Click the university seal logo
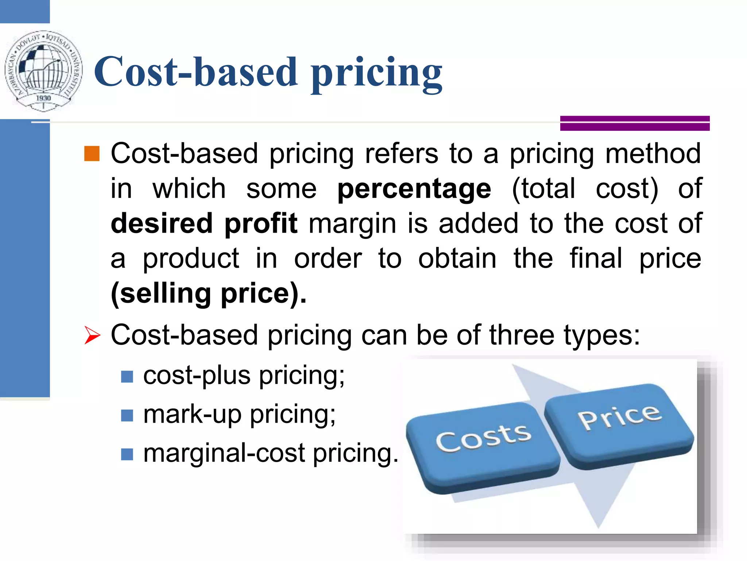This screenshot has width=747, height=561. (43, 70)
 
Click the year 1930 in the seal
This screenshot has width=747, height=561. (43, 98)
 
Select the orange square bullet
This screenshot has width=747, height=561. (92, 153)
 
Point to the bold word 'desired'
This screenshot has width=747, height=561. (162, 223)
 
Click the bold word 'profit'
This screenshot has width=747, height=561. (261, 223)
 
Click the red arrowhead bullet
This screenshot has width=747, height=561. (92, 335)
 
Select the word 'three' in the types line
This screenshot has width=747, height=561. (522, 335)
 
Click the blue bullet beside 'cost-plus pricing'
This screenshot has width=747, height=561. (127, 377)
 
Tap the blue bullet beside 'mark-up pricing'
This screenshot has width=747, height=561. (127, 415)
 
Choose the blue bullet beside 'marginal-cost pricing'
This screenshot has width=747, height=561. (127, 454)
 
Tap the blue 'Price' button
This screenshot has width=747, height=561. (619, 424)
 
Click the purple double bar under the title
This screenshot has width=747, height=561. (635, 123)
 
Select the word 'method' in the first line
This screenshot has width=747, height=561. (653, 154)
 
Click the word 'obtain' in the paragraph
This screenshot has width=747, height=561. (457, 258)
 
